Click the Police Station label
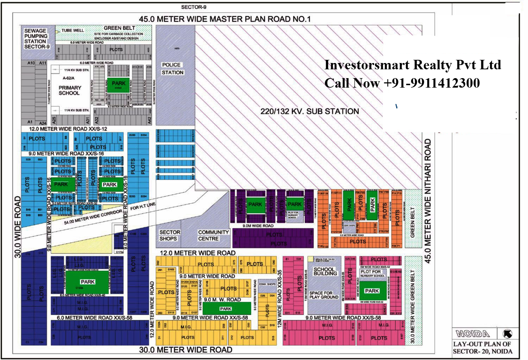point(172,69)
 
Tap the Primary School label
point(69,90)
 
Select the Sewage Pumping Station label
point(36,39)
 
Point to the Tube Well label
point(73,31)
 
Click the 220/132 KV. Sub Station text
point(309,112)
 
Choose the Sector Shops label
point(170,235)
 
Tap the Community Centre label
point(213,235)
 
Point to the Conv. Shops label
point(267,284)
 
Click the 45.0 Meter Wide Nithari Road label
point(428,201)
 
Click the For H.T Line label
point(143,207)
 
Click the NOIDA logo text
point(472,334)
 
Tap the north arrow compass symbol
point(507,333)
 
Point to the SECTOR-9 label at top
point(194,7)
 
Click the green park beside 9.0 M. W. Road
point(225,309)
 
